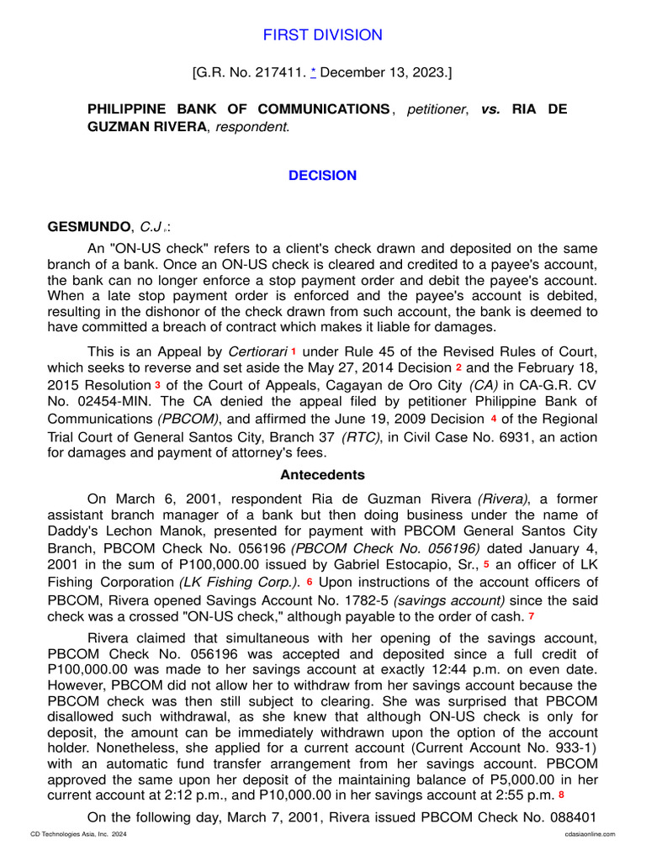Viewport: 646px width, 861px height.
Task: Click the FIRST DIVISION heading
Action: click(x=322, y=34)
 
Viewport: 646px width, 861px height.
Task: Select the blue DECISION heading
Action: click(x=322, y=176)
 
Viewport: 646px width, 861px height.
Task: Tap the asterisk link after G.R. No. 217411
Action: click(x=314, y=74)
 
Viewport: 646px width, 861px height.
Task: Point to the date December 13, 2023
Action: click(x=385, y=74)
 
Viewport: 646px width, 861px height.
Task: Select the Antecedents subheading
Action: click(x=322, y=475)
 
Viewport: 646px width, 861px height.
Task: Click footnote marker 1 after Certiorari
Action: click(x=294, y=349)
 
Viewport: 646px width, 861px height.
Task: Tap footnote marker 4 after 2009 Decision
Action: click(x=494, y=418)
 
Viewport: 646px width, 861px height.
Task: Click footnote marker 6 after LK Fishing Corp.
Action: click(x=309, y=582)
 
